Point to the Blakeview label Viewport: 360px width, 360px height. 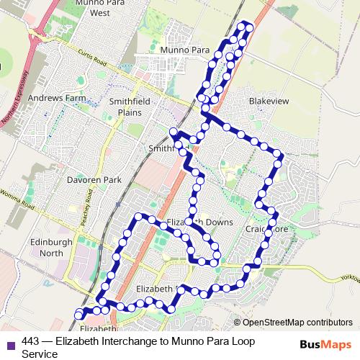(x=269, y=102)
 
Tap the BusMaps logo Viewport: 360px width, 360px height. (x=325, y=344)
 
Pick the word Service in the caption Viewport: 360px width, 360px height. (x=40, y=354)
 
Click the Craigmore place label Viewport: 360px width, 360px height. (x=266, y=229)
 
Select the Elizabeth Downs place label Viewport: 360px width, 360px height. (x=199, y=222)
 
